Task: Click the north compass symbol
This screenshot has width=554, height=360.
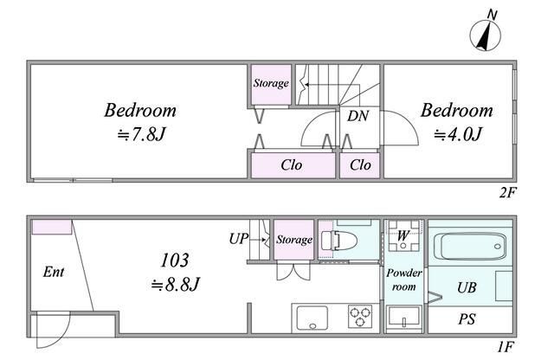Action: (x=485, y=35)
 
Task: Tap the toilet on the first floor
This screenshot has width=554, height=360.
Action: (x=338, y=241)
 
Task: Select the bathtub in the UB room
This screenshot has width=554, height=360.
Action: (x=470, y=247)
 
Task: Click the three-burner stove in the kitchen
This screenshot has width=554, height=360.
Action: (x=360, y=316)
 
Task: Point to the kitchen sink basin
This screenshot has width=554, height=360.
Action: (x=312, y=318)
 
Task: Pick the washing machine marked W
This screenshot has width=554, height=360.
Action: (x=403, y=235)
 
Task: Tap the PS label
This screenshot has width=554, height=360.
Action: (x=467, y=319)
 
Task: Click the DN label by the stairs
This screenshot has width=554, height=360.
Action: (x=358, y=116)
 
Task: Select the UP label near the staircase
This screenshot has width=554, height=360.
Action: (x=239, y=239)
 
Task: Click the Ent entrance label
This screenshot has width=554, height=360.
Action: (x=54, y=272)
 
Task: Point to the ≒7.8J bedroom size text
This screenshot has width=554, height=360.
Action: (x=141, y=134)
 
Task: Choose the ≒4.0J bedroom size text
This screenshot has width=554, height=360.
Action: (x=458, y=134)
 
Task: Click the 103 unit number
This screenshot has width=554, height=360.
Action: (x=175, y=260)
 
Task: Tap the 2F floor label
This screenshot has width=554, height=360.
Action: (x=507, y=192)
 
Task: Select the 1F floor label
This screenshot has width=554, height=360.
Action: (x=506, y=347)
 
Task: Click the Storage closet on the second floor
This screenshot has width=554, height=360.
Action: (x=271, y=85)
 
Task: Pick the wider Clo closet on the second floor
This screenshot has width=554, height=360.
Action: (x=293, y=165)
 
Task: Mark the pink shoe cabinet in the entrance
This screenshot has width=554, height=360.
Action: (x=52, y=227)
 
